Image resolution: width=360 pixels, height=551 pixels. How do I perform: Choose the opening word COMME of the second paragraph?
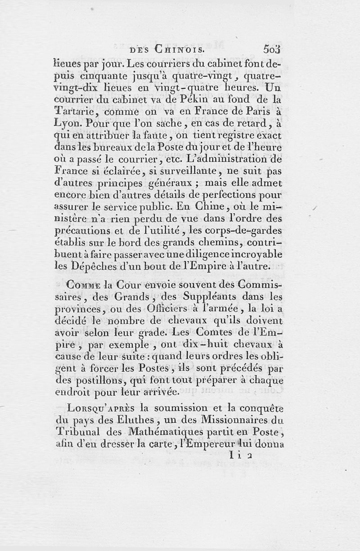coord(83,285)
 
